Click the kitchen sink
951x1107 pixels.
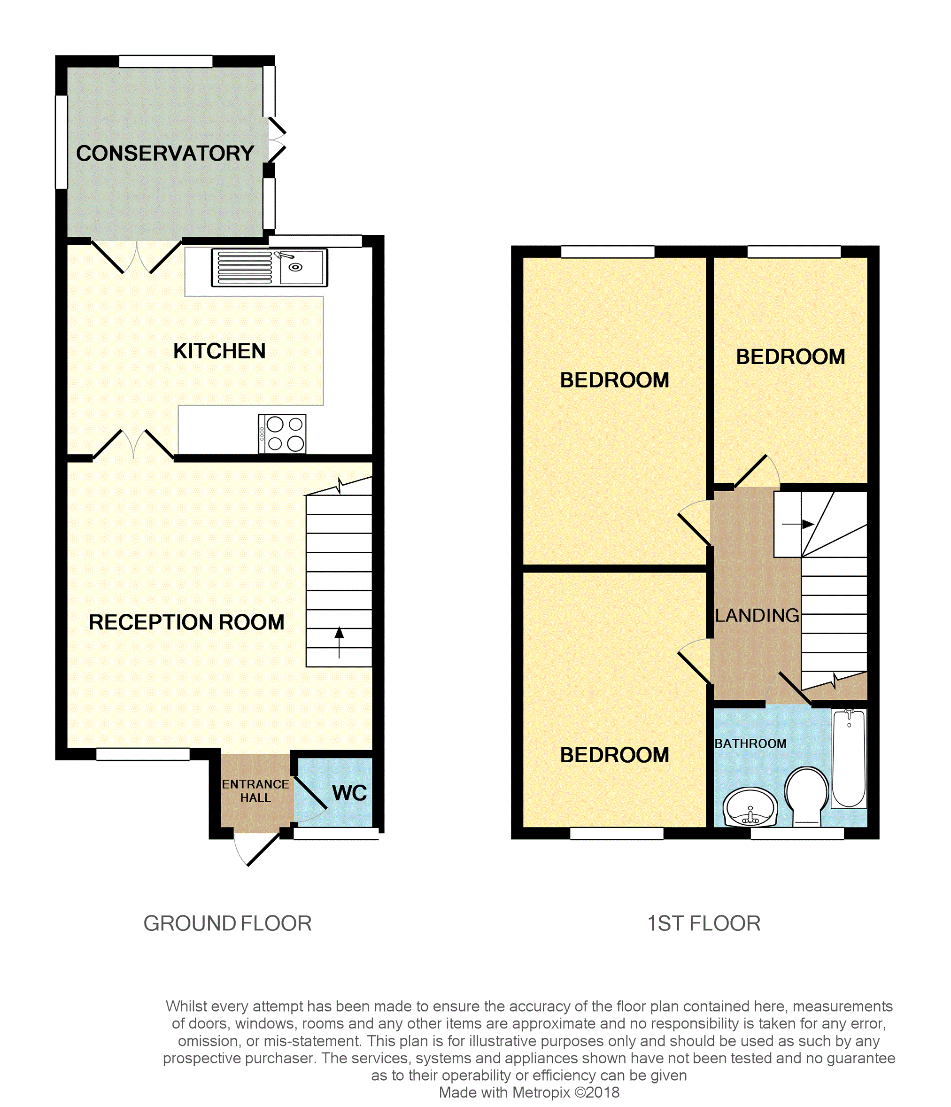coord(269,267)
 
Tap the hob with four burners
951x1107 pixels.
coord(282,434)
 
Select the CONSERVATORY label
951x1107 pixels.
coord(165,153)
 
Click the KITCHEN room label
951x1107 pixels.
coord(220,351)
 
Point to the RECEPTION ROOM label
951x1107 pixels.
coord(186,622)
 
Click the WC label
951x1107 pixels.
coord(349,793)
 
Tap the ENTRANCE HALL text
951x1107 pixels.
coord(255,791)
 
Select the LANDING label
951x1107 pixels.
coord(757,615)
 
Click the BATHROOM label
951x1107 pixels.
coord(750,743)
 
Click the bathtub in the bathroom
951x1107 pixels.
coord(849,758)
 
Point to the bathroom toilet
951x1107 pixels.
coord(807,797)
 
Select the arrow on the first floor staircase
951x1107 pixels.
coord(798,524)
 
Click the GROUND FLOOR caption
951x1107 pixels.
coord(228,923)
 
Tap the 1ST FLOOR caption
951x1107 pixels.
coord(704,923)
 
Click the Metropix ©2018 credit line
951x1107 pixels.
coord(529,1092)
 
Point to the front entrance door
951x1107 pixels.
coord(257,849)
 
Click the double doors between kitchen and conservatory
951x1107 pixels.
coord(137,256)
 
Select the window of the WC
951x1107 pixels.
coord(337,834)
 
